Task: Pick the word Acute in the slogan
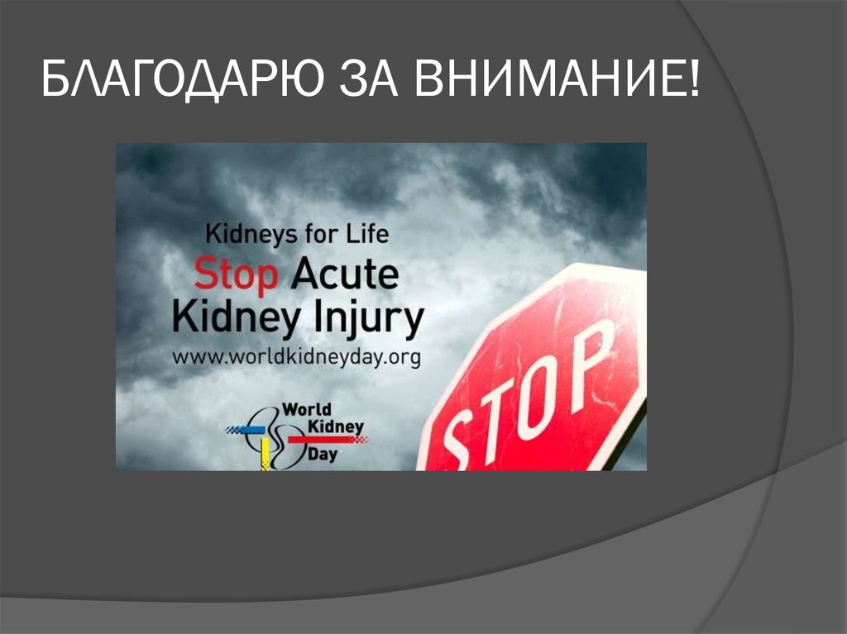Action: (x=342, y=275)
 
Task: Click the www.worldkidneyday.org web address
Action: (x=296, y=357)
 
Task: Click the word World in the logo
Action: (x=307, y=409)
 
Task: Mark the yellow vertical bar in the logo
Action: (x=265, y=454)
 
